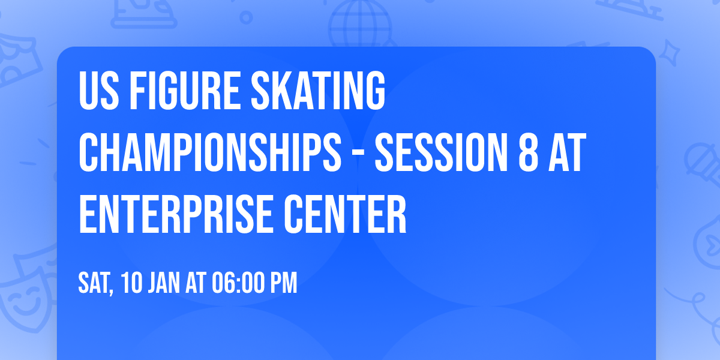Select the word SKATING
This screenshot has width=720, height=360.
[319, 92]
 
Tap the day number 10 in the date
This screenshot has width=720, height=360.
[132, 283]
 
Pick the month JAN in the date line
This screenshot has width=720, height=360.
[164, 283]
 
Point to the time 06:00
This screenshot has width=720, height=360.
[237, 283]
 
